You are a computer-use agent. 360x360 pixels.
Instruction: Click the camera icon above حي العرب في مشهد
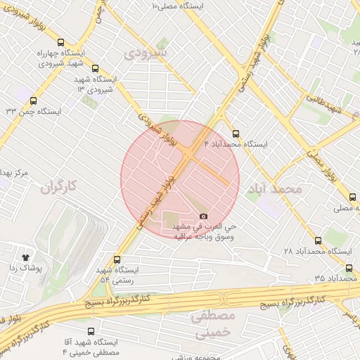pos(204,217)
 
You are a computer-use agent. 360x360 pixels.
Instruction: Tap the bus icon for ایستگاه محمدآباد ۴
pos(236,132)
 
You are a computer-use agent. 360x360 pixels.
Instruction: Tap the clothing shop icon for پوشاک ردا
pos(26,257)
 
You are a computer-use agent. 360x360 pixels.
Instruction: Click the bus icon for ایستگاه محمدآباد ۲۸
pos(318,240)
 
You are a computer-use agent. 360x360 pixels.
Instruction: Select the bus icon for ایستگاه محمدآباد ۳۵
pos(349,268)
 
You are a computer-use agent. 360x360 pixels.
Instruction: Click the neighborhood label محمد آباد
pos(275,188)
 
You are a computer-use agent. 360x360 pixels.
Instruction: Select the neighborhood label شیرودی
pos(146,53)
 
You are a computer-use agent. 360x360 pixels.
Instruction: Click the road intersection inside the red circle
pos(191,153)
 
